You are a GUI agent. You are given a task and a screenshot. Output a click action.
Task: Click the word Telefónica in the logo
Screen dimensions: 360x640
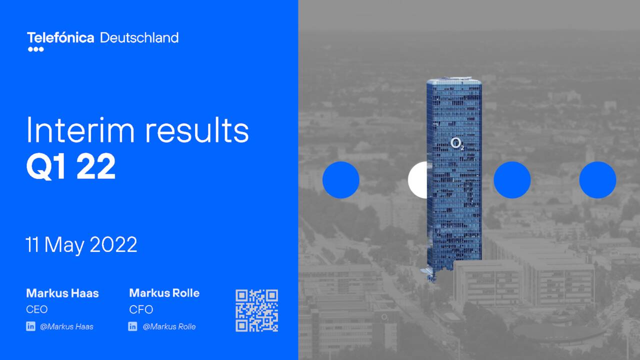[x=60, y=37]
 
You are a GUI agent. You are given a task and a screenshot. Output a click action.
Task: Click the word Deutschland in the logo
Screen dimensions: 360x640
[x=139, y=37]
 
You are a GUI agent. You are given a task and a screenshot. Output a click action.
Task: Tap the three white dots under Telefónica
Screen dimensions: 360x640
[x=35, y=49]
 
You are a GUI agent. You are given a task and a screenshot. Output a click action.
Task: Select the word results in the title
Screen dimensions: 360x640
[x=197, y=130]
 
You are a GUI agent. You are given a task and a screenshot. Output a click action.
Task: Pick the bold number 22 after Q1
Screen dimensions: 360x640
[x=96, y=167]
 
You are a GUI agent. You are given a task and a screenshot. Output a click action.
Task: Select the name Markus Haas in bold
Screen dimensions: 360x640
[x=62, y=293]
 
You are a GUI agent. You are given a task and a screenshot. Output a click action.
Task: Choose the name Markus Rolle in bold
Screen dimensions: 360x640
[x=164, y=293]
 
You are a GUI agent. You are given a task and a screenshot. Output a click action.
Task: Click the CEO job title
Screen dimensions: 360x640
[x=36, y=309]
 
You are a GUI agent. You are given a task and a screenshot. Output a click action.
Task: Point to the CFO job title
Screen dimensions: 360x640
[x=141, y=309]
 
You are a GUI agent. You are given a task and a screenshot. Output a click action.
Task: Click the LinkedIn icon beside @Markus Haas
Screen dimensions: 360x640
[x=30, y=326]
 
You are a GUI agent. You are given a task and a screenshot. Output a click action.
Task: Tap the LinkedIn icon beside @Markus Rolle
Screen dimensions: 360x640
[x=132, y=326]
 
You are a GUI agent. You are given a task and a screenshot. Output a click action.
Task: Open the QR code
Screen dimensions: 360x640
[x=256, y=310]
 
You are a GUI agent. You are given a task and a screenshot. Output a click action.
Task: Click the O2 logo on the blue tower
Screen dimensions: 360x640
[x=456, y=143]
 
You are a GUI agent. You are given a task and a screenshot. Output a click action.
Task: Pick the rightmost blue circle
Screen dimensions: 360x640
[x=597, y=180]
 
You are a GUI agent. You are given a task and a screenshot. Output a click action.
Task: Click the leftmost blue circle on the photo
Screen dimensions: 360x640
[x=340, y=180]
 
